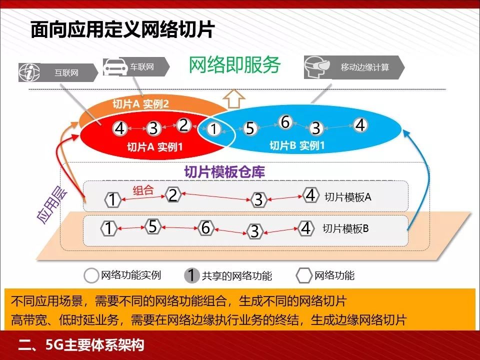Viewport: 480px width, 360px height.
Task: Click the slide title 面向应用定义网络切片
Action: tap(122, 30)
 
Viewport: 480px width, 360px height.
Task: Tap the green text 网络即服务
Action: tap(234, 64)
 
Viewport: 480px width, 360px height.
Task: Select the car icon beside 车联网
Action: tap(115, 67)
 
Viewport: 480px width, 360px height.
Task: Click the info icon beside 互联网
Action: tap(29, 73)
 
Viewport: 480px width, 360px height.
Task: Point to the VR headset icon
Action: tap(317, 67)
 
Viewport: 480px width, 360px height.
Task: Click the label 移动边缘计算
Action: tap(364, 67)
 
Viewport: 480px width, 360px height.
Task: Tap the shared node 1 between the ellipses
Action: tap(214, 129)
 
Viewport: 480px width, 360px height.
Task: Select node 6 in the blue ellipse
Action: tap(285, 121)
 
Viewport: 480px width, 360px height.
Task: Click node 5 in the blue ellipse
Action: tap(250, 128)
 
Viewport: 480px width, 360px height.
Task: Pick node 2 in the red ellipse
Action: tap(183, 125)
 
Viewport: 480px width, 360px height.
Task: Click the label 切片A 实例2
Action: tap(140, 104)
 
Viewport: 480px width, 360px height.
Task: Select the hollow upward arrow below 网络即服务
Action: tap(233, 98)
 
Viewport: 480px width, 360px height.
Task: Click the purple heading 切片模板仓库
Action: tap(224, 172)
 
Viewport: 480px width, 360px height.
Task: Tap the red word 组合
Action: tap(143, 190)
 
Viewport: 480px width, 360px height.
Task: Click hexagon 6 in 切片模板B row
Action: tap(205, 227)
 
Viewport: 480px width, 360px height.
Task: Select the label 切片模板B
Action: tap(345, 229)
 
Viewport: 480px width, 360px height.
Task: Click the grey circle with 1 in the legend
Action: tap(192, 275)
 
